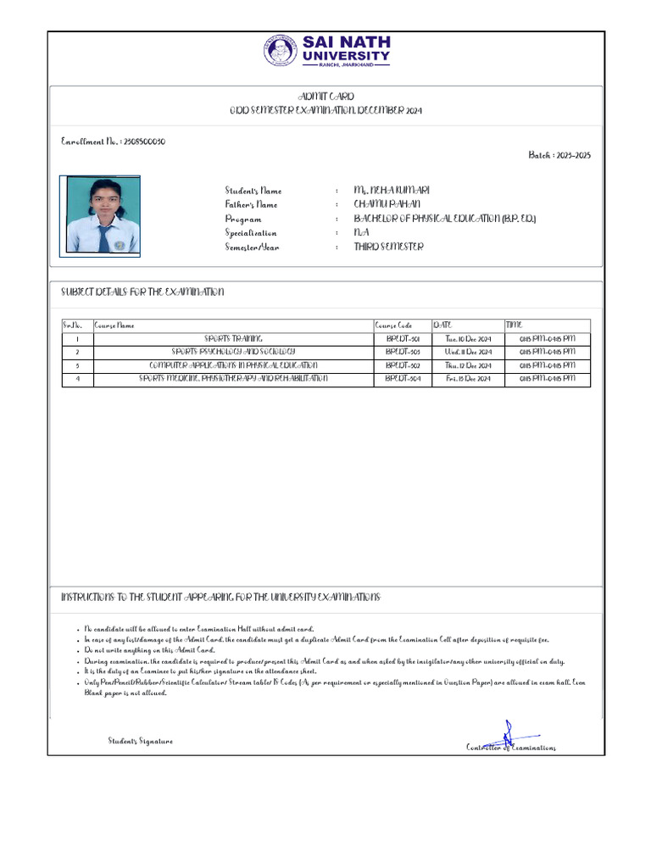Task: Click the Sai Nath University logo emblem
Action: coord(281,50)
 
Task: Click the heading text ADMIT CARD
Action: coord(325,97)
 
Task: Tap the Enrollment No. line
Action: coord(114,142)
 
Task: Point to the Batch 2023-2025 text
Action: coord(559,155)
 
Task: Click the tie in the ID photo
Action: coord(103,237)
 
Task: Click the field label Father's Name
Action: coord(251,205)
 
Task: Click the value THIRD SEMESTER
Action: coord(388,247)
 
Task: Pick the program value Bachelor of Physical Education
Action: coord(445,219)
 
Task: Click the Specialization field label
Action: coord(251,233)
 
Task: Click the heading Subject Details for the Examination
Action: coord(142,292)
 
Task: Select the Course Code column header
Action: coord(393,325)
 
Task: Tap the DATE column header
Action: coord(442,325)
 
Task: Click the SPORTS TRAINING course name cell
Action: coord(233,338)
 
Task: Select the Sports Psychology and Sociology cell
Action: coord(233,351)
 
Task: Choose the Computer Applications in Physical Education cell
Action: coord(233,365)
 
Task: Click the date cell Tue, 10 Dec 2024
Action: coord(468,339)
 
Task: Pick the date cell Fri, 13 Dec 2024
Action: coord(468,379)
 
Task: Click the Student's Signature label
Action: coord(140,741)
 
